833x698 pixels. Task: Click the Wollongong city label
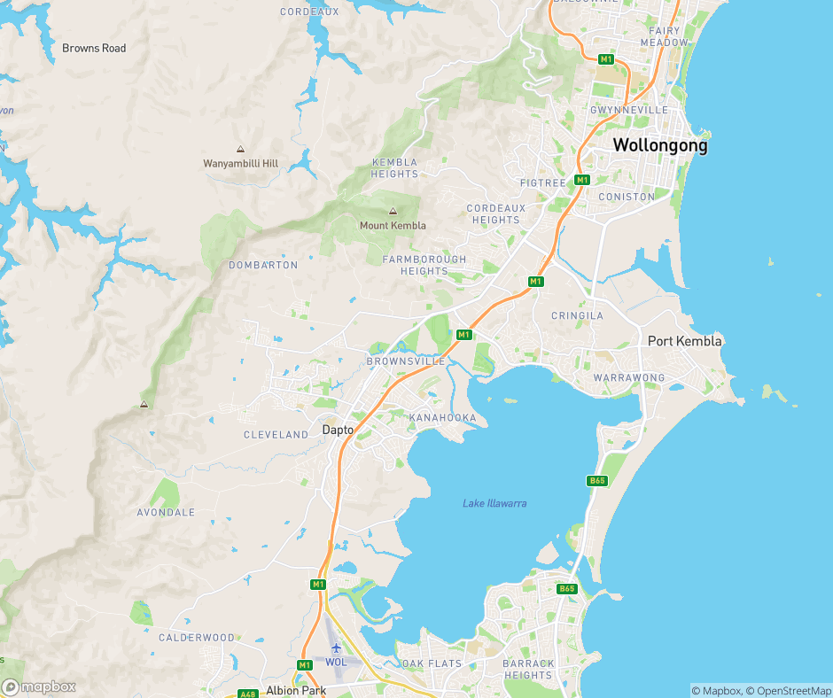(x=660, y=145)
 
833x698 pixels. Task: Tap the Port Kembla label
(x=685, y=341)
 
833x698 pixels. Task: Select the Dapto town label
(x=338, y=430)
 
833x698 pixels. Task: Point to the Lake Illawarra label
(x=494, y=503)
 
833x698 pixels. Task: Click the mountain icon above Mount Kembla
(x=393, y=212)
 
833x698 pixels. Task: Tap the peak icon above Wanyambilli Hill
(x=240, y=150)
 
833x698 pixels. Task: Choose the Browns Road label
(x=94, y=48)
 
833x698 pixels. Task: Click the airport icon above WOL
(x=336, y=648)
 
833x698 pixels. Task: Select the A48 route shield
(x=247, y=694)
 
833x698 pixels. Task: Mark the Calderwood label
(x=197, y=638)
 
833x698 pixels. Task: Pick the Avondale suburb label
(x=166, y=513)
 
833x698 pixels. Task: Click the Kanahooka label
(x=442, y=417)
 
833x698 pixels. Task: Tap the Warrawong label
(x=628, y=378)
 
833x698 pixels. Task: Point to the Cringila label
(x=577, y=315)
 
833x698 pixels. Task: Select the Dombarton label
(x=263, y=265)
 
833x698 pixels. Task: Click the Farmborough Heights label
(x=424, y=265)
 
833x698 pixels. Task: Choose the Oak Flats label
(x=432, y=663)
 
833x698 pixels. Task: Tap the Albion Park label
(x=296, y=690)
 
